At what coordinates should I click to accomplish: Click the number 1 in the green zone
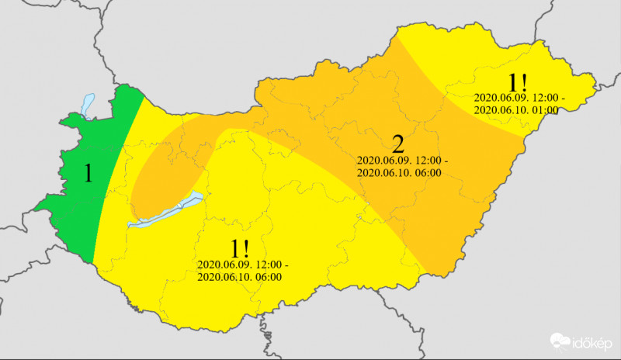pyautogui.click(x=88, y=173)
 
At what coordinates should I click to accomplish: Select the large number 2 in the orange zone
pyautogui.click(x=398, y=144)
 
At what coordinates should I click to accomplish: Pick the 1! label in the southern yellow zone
pyautogui.click(x=240, y=249)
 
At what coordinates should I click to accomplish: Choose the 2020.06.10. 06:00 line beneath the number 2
pyautogui.click(x=399, y=172)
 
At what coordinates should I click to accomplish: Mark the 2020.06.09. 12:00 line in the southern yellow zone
pyautogui.click(x=242, y=265)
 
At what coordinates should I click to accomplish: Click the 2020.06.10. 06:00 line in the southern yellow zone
pyautogui.click(x=239, y=277)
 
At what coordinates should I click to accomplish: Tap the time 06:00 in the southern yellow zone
pyautogui.click(x=269, y=277)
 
